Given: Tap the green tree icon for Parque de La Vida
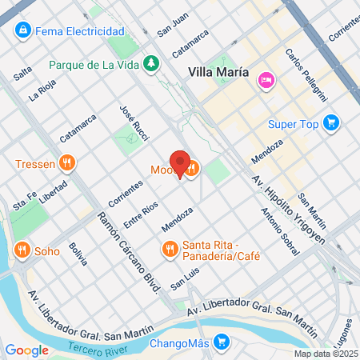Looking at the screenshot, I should click(x=150, y=63).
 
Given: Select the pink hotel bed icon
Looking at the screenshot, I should click(x=266, y=79).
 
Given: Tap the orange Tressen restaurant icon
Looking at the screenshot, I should click(x=68, y=165).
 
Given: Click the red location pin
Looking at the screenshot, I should click(x=180, y=164).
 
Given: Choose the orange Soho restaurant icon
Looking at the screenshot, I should click(x=22, y=251).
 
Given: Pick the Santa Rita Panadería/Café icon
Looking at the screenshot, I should click(x=169, y=250).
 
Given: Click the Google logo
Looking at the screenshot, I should click(x=26, y=350).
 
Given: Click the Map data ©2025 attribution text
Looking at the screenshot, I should click(x=325, y=353).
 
